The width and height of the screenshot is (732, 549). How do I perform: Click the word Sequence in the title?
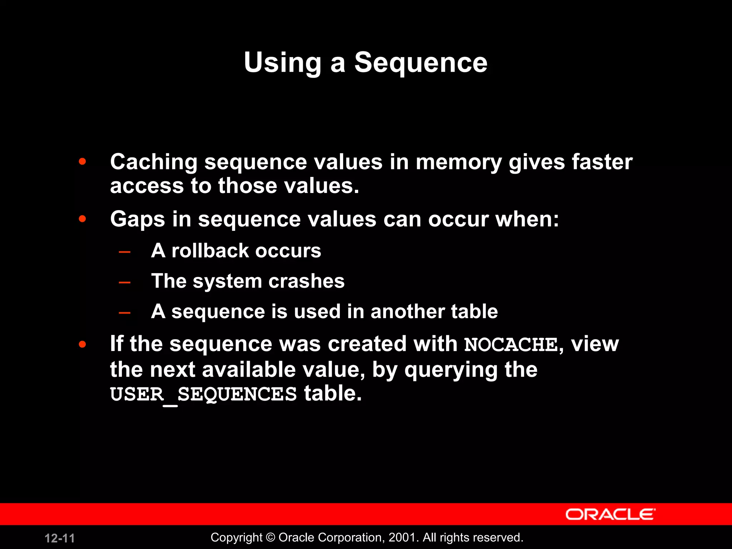[x=421, y=63]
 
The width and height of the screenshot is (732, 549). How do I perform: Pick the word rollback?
[x=210, y=251]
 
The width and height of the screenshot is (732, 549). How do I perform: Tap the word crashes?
[x=306, y=281]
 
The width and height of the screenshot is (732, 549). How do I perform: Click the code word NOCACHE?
[x=511, y=345]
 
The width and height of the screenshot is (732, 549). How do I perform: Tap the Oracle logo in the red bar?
[x=610, y=514]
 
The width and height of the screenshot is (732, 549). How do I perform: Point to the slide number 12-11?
[x=60, y=538]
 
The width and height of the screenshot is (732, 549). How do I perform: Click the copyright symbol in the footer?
[x=271, y=538]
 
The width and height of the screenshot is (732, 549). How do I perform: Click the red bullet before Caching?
[x=83, y=162]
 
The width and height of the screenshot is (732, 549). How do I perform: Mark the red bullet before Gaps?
[x=83, y=219]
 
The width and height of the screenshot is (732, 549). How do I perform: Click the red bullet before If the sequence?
[x=83, y=344]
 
